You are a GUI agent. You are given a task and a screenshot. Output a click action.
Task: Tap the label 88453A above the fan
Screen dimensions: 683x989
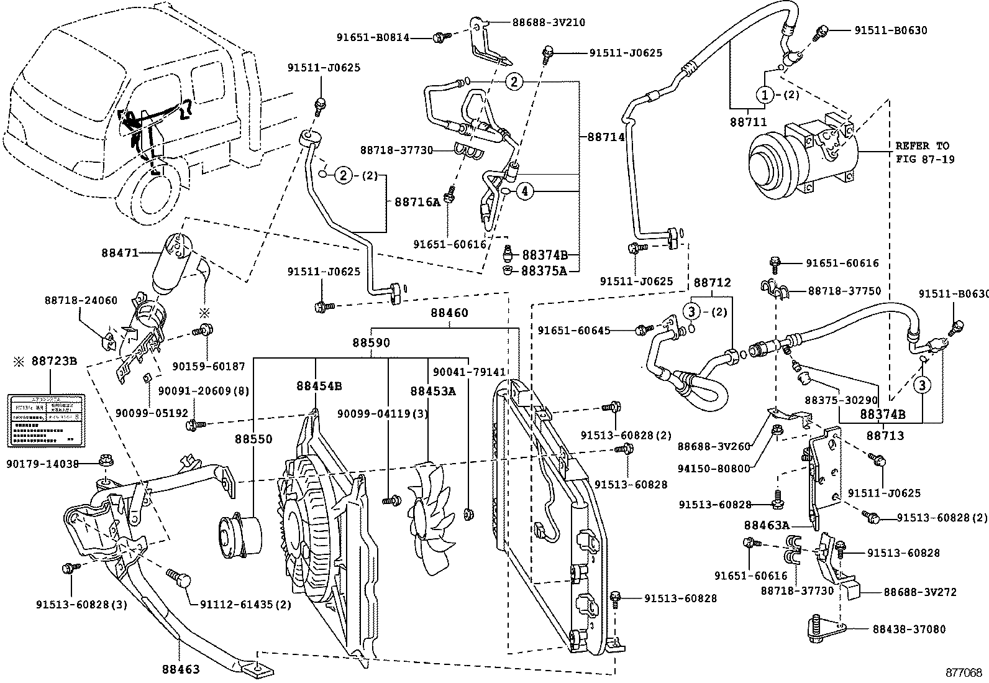432,391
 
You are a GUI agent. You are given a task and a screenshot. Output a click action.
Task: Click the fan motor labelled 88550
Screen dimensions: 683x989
239,535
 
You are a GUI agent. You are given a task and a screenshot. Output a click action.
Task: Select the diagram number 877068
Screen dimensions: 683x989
964,672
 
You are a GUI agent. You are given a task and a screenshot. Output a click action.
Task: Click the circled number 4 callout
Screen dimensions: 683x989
524,192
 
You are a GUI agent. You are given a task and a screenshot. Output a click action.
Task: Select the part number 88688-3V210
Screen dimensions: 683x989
549,22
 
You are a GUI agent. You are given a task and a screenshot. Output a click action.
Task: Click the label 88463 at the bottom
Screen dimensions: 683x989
181,669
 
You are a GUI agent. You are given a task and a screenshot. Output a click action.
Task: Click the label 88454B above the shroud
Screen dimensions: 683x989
319,386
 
